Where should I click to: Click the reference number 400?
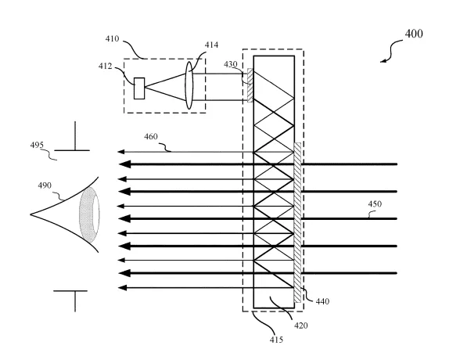pyautogui.click(x=414, y=34)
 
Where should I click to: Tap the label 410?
pyautogui.click(x=112, y=38)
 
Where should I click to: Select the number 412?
pyautogui.click(x=105, y=67)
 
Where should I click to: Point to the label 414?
pyautogui.click(x=211, y=45)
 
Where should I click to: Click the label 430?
pyautogui.click(x=231, y=64)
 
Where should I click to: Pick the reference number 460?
pyautogui.click(x=151, y=137)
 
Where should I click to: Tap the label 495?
pyautogui.click(x=37, y=146)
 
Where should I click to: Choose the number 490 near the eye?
pyautogui.click(x=45, y=185)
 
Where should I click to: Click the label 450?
pyautogui.click(x=375, y=204)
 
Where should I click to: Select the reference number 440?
pyautogui.click(x=322, y=301)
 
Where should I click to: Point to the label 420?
pyautogui.click(x=300, y=326)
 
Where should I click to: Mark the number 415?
pyautogui.click(x=276, y=340)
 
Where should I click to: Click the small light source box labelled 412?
pyautogui.click(x=139, y=88)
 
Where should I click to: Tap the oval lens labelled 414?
pyautogui.click(x=189, y=85)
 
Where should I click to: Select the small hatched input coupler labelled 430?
pyautogui.click(x=250, y=85)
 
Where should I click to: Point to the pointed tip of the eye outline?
pyautogui.click(x=31, y=214)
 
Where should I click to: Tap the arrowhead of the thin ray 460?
pyautogui.click(x=120, y=152)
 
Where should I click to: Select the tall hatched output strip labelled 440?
pyautogui.click(x=297, y=222)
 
